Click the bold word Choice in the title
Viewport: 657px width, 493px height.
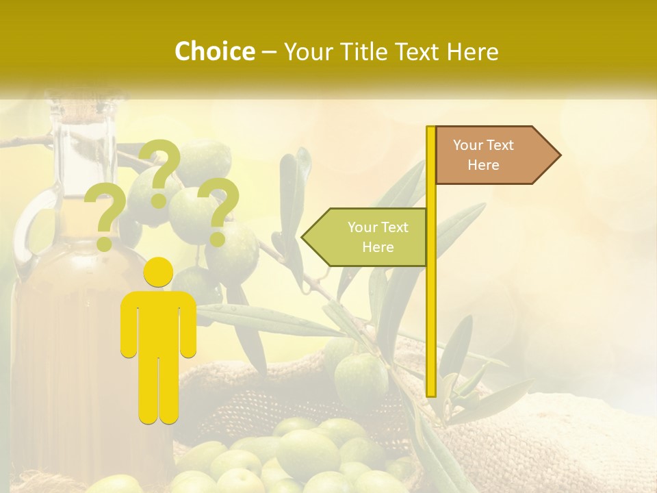(214, 51)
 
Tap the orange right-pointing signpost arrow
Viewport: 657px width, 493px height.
(496, 155)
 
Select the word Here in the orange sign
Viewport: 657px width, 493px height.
(483, 165)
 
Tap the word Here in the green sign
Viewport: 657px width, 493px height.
(378, 247)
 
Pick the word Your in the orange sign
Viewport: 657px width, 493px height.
(468, 145)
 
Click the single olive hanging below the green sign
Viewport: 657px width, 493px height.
(361, 377)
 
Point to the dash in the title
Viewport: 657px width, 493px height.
(269, 51)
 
